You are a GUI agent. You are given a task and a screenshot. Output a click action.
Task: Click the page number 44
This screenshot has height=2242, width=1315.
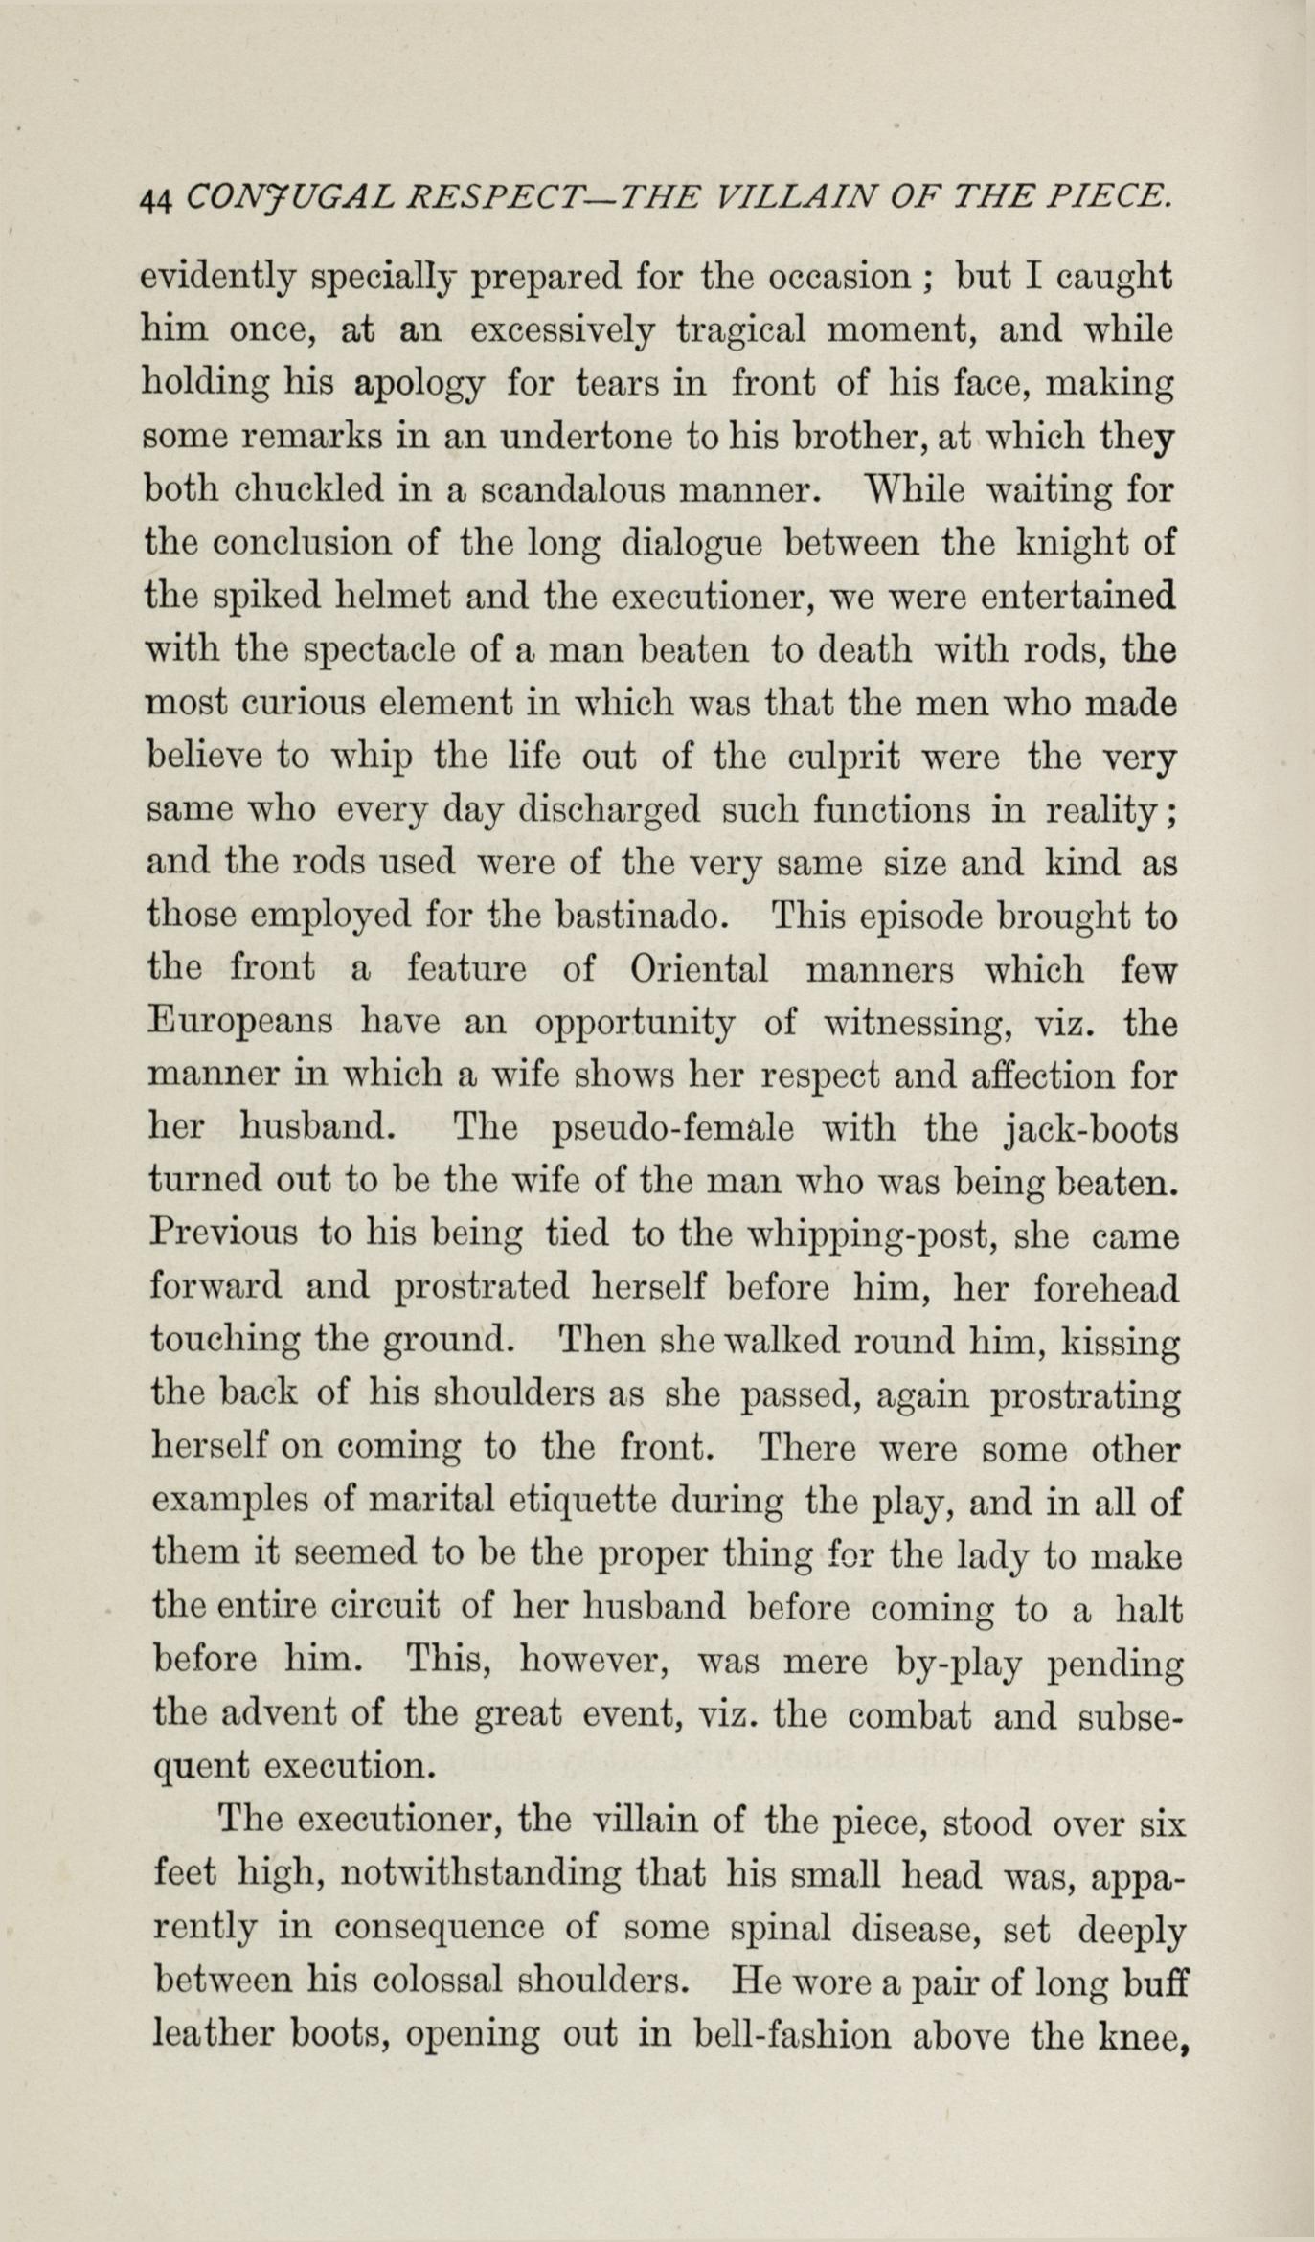(154, 199)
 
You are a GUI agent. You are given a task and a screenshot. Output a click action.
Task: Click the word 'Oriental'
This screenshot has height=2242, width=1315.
(699, 969)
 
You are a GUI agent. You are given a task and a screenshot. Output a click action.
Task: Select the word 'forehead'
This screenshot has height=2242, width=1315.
(1106, 1289)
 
